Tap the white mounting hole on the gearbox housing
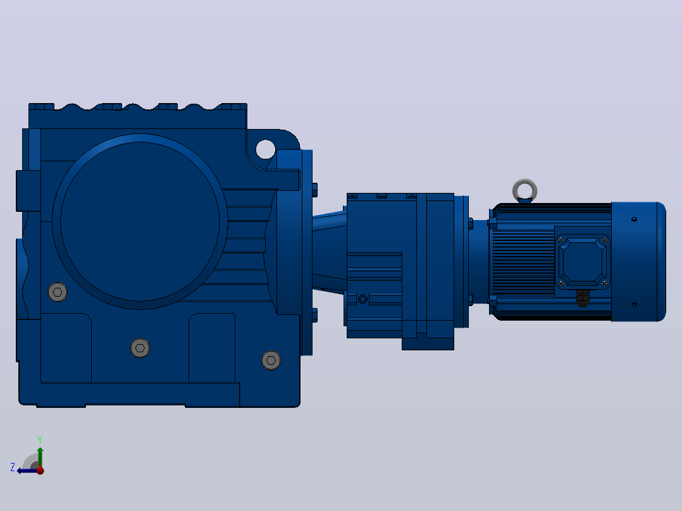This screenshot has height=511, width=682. (x=265, y=150)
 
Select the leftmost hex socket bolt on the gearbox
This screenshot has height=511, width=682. (x=58, y=292)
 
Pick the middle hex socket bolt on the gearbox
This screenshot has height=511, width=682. (x=140, y=348)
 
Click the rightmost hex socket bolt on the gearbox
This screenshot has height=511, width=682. (x=271, y=360)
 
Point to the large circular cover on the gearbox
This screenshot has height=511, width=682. (x=140, y=221)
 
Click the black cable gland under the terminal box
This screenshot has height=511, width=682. (x=583, y=298)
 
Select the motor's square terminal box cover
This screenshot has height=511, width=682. (x=583, y=262)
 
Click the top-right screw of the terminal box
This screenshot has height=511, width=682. (x=604, y=240)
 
